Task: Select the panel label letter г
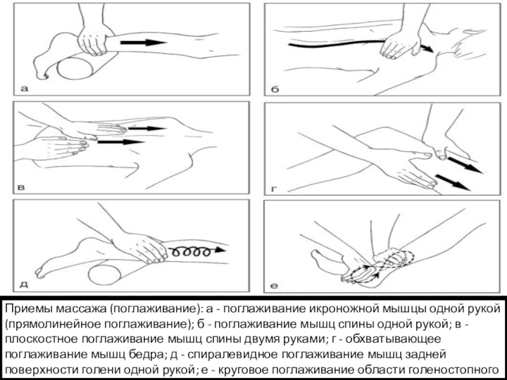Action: (274, 188)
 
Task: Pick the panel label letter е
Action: (275, 286)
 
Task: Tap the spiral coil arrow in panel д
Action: (200, 251)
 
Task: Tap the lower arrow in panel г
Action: (452, 182)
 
